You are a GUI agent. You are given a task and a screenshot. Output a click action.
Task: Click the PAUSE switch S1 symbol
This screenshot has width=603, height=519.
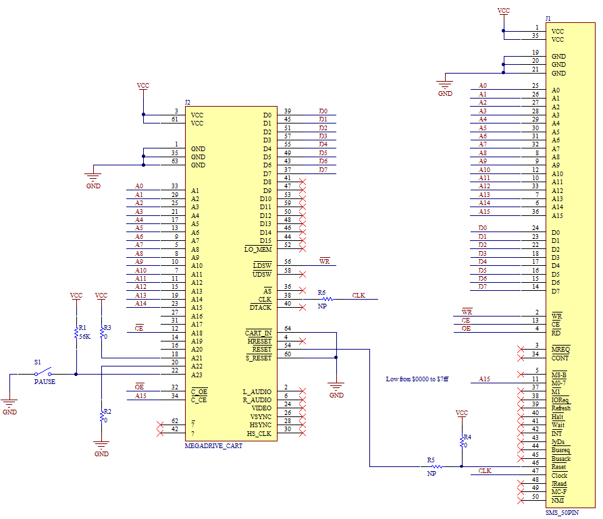[x=43, y=372]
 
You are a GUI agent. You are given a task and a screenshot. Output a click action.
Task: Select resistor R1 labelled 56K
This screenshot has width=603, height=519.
[x=76, y=333]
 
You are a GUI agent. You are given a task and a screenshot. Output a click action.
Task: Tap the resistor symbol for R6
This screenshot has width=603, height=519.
[x=327, y=299]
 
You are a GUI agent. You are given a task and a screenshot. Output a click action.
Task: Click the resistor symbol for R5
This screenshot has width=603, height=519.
[x=436, y=466]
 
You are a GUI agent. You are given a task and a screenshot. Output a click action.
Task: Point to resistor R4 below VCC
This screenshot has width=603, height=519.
[x=462, y=441]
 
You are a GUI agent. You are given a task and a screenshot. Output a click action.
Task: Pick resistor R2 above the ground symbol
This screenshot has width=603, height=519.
[x=101, y=416]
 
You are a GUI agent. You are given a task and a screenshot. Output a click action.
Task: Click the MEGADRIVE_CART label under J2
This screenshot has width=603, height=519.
[x=213, y=446]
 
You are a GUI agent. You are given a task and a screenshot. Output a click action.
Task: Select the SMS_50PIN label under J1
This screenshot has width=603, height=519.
[x=562, y=512]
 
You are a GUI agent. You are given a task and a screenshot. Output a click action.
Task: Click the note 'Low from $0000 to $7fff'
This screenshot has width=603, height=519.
[x=417, y=379]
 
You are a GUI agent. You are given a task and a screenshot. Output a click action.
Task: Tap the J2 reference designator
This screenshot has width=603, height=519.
[x=187, y=103]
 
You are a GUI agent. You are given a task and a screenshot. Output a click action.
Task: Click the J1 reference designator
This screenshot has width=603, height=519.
[x=548, y=18]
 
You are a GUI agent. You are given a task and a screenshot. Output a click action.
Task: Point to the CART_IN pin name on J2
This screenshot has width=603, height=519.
[x=259, y=333]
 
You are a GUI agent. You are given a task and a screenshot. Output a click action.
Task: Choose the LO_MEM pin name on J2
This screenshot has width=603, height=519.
[x=258, y=249]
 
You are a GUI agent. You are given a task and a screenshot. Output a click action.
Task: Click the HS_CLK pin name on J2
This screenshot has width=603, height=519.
[x=259, y=434]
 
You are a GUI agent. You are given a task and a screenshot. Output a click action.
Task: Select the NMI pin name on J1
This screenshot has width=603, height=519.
[x=558, y=500]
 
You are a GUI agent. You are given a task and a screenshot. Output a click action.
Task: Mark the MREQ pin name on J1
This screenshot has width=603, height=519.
[x=560, y=349]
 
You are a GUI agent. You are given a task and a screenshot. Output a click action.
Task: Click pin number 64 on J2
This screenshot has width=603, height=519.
[x=288, y=328]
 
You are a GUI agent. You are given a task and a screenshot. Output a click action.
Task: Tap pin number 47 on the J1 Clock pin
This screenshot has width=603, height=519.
[x=535, y=470]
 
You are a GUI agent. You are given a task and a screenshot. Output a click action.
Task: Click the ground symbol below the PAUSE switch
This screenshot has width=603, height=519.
[x=9, y=404]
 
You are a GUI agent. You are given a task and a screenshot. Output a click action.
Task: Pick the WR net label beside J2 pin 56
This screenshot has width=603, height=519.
[x=325, y=261]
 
